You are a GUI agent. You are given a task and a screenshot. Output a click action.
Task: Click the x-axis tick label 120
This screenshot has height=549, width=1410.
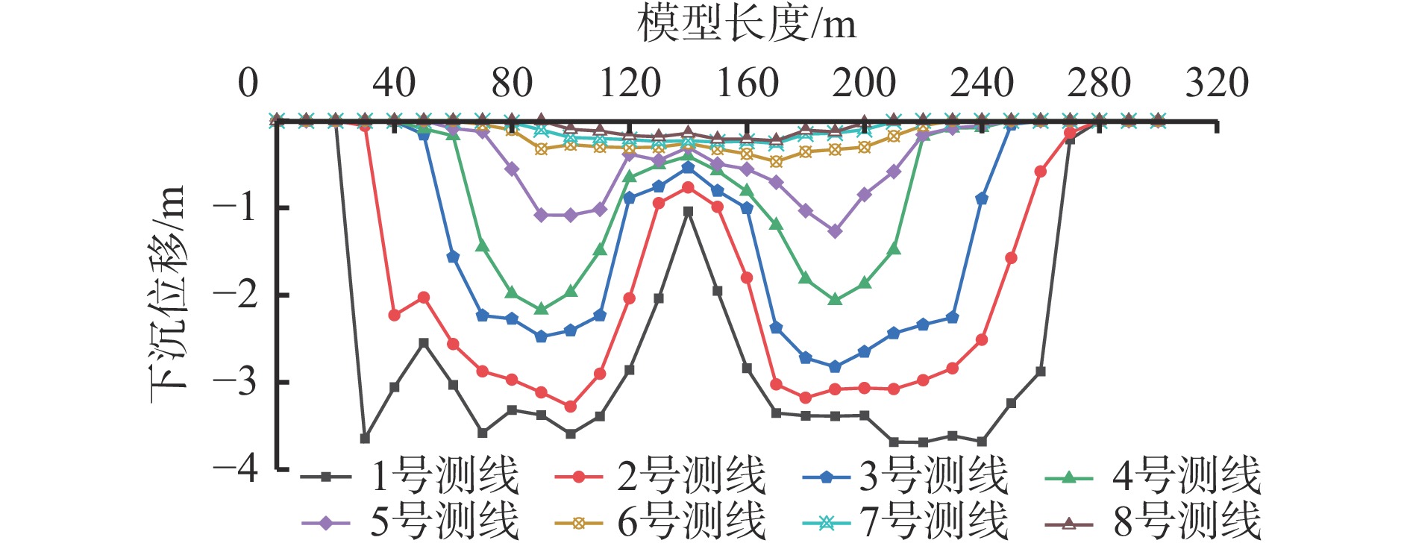click(630, 83)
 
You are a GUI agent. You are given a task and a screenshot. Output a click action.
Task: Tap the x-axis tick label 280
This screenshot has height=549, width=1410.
click(1099, 83)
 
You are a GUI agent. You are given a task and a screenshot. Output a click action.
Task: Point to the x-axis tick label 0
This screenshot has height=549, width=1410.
click(248, 83)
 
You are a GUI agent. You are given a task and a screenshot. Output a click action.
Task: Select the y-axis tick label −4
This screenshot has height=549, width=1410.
click(235, 469)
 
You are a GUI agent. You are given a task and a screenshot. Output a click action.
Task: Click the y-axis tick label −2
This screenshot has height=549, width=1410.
click(235, 295)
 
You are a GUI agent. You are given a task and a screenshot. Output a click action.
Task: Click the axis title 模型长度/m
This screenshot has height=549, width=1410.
click(746, 24)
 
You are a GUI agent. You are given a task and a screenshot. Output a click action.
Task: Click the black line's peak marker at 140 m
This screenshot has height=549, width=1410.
click(688, 212)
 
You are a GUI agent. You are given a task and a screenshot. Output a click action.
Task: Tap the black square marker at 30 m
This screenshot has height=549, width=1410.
click(365, 438)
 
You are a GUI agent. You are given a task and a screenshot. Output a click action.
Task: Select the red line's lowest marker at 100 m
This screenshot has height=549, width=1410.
click(571, 407)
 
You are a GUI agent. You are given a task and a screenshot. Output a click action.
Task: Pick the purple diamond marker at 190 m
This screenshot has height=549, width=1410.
click(835, 231)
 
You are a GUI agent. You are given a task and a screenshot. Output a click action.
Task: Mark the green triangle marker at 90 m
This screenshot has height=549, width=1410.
click(542, 308)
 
